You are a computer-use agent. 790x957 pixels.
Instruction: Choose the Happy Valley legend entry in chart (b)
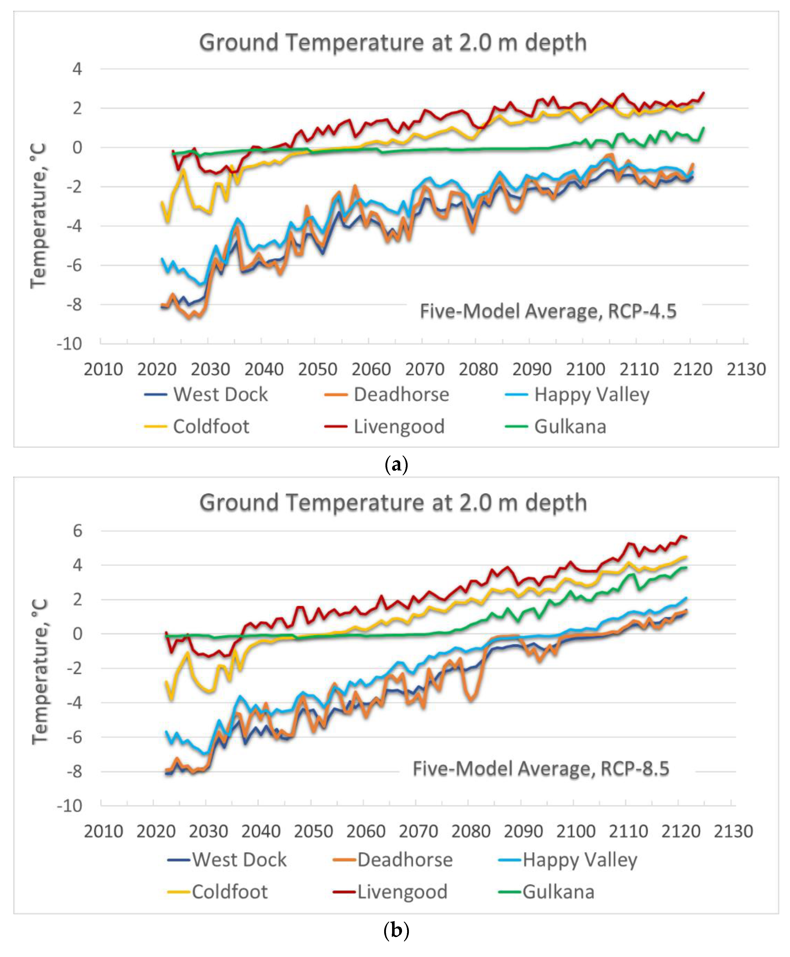[580, 860]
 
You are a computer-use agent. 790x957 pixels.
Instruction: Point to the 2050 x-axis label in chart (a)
[318, 369]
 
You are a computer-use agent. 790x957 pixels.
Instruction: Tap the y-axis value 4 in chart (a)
[77, 70]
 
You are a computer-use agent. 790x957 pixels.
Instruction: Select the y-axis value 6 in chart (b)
[77, 531]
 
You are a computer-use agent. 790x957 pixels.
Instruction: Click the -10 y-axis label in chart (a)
[70, 344]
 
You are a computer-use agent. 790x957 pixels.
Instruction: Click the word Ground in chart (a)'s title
[238, 43]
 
